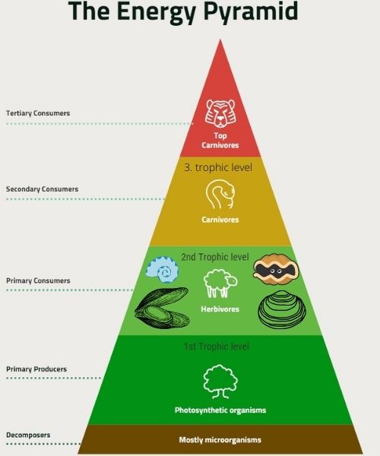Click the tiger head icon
[220, 113]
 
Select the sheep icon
[220, 283]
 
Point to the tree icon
[220, 382]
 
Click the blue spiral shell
[162, 270]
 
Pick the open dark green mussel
[162, 309]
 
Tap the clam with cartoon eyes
[276, 269]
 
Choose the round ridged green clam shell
[282, 309]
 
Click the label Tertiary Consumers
[38, 113]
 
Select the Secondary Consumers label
[42, 189]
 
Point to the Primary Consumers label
[38, 280]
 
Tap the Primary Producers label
[36, 369]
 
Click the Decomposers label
[28, 435]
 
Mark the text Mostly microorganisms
[220, 440]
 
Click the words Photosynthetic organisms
[220, 410]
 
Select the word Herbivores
[220, 309]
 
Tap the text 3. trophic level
[218, 167]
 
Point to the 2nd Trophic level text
[215, 257]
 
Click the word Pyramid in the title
[250, 11]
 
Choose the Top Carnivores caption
[220, 141]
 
